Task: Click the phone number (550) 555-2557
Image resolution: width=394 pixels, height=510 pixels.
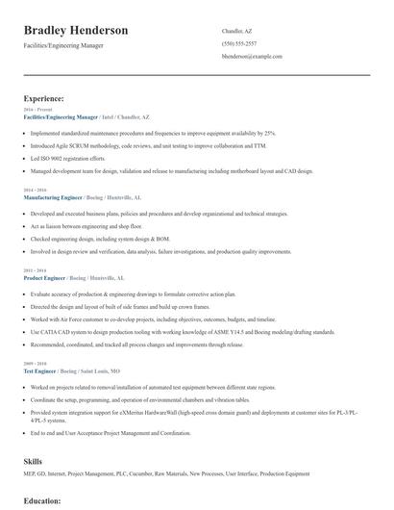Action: pyautogui.click(x=238, y=43)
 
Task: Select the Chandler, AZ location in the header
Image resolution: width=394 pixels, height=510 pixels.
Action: pyautogui.click(x=238, y=30)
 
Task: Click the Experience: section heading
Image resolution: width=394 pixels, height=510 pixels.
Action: pyautogui.click(x=44, y=98)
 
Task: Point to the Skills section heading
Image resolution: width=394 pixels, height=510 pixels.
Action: pyautogui.click(x=33, y=461)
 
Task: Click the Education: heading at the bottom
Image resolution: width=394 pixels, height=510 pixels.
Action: pyautogui.click(x=43, y=500)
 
